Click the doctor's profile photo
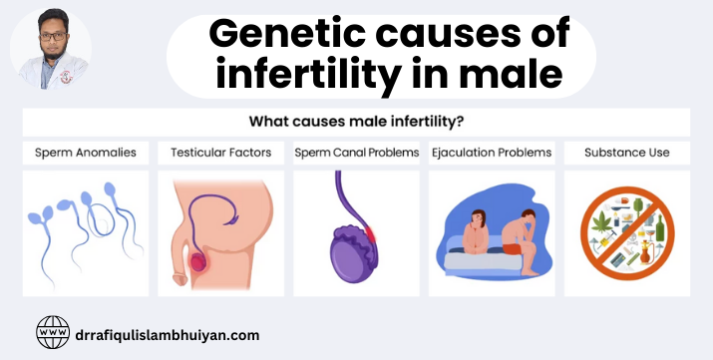51,49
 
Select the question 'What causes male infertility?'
356,123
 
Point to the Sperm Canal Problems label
356,154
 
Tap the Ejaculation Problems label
492,154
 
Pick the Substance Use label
627,154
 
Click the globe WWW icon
53,333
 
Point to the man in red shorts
519,235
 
